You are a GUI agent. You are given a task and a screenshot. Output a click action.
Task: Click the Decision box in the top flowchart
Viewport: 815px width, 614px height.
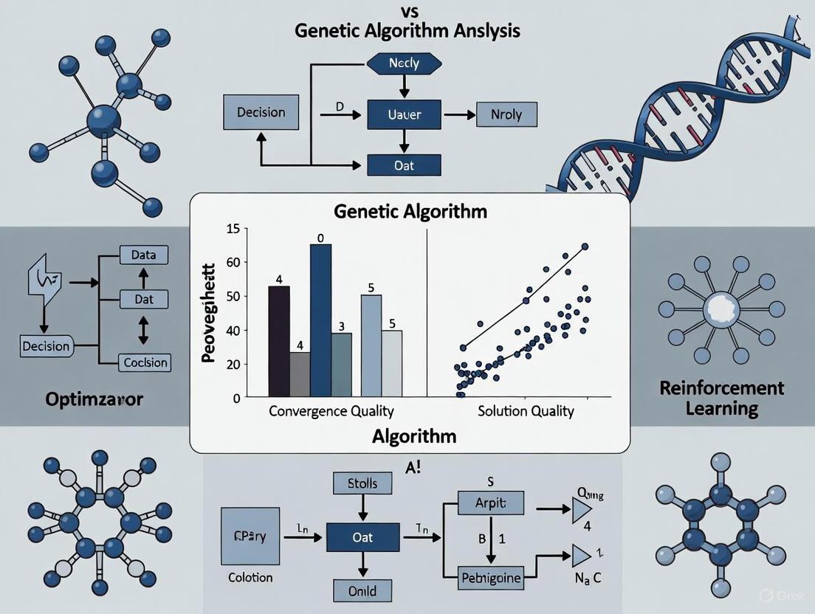click(261, 113)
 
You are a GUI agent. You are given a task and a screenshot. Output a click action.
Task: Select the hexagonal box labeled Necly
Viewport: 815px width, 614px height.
click(403, 63)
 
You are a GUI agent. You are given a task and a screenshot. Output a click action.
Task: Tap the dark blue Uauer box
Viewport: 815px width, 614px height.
click(404, 114)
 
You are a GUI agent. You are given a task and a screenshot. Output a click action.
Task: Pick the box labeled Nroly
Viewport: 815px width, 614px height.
click(506, 114)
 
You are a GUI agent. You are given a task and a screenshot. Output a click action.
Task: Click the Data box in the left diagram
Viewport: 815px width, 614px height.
click(143, 255)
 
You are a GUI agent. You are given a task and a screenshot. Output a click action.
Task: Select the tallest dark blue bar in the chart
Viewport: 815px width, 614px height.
click(321, 320)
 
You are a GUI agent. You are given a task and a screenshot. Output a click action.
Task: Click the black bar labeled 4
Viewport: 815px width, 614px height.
click(279, 340)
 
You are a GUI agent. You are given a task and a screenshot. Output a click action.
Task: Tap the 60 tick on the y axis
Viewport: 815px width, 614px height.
click(233, 262)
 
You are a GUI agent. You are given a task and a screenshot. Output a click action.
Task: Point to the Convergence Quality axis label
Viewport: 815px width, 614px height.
click(331, 411)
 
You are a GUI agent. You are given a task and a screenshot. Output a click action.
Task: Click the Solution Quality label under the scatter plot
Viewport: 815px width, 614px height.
click(525, 411)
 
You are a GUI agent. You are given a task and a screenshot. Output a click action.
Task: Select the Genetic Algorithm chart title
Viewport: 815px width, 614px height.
click(410, 211)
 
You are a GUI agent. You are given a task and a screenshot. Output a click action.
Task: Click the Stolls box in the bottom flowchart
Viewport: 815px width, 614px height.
click(362, 484)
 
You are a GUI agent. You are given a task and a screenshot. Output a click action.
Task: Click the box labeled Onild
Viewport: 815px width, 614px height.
click(362, 590)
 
